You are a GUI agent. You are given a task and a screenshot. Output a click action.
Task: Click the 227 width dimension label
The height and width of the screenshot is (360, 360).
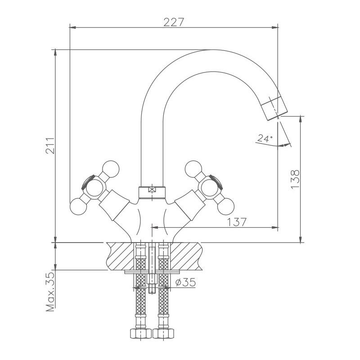click(173, 22)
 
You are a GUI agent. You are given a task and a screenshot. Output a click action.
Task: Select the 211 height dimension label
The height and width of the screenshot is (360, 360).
click(50, 146)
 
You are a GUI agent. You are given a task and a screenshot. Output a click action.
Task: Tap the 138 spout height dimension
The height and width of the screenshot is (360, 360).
click(295, 179)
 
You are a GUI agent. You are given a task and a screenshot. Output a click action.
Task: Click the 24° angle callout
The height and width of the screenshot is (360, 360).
click(265, 139)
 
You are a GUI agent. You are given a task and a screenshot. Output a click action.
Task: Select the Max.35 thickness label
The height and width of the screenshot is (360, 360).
click(50, 292)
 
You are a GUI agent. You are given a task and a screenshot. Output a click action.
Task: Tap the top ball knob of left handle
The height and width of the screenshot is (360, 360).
click(111, 168)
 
